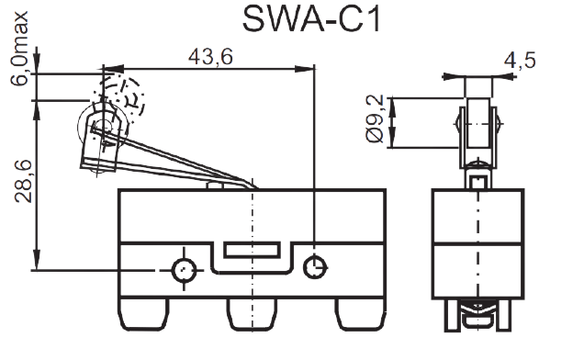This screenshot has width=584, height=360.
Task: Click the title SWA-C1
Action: (x=311, y=19)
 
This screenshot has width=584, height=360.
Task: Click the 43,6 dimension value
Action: (x=210, y=57)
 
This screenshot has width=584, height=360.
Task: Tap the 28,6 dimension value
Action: (x=23, y=181)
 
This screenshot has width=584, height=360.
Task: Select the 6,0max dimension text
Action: (x=19, y=49)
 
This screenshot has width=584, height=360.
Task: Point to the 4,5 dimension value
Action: (x=520, y=60)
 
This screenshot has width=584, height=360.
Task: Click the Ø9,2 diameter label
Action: (x=375, y=118)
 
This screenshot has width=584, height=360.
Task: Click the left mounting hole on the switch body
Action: (x=184, y=270)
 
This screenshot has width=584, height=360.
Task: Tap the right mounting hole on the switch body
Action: (x=315, y=267)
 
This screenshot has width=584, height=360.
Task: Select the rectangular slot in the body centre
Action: (x=252, y=250)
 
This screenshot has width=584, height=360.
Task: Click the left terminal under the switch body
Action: (x=142, y=314)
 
